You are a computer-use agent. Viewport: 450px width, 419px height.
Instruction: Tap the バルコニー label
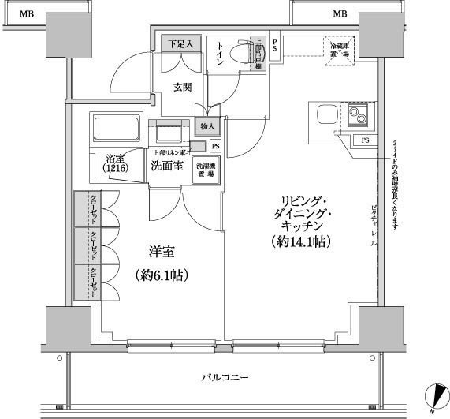225,378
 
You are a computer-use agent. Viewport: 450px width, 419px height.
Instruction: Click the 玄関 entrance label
182,88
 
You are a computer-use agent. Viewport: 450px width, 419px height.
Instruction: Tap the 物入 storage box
207,127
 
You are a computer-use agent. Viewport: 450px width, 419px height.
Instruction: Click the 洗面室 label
167,166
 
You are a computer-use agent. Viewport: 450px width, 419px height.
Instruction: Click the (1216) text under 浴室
115,167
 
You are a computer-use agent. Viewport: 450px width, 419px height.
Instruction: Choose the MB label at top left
28,13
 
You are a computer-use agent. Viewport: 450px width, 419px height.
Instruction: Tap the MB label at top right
340,13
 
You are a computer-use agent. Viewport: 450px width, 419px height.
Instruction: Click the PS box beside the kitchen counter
364,140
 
